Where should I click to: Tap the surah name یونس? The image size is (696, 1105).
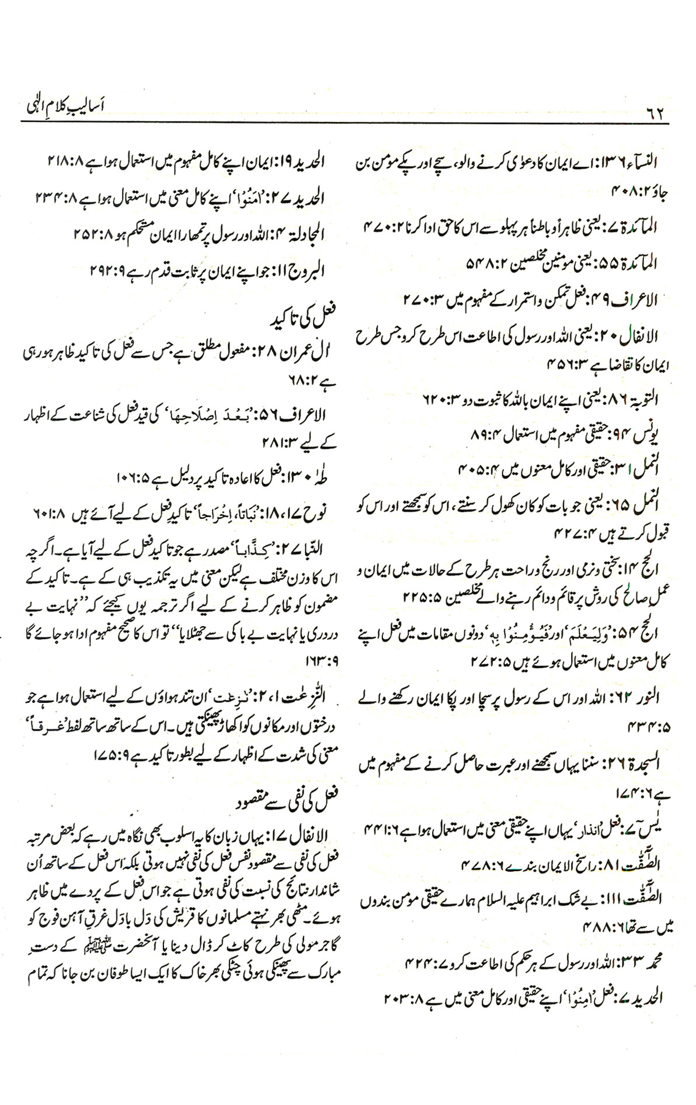(x=650, y=434)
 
